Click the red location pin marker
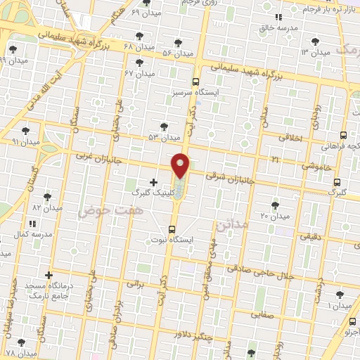tap(181, 165)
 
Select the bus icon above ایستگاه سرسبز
tap(195, 82)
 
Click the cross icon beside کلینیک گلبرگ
tap(153, 182)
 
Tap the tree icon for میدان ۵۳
tap(164, 127)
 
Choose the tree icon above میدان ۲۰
tap(274, 205)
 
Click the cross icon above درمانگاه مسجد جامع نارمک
tap(49, 275)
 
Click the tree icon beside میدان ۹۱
tap(26, 130)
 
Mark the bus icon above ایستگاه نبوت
tap(172, 229)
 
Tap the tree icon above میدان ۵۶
tap(178, 42)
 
